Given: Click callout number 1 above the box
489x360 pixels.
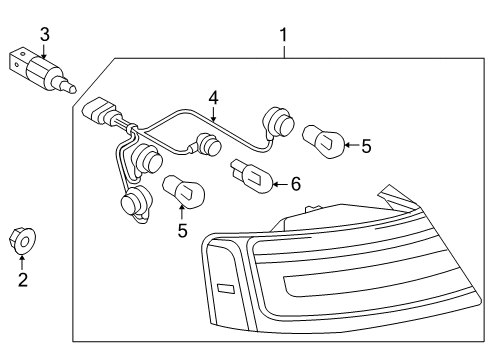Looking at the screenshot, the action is coord(283,35).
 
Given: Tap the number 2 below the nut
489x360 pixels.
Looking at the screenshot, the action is coord(23,280).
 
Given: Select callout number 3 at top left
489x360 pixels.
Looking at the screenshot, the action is coord(45,35).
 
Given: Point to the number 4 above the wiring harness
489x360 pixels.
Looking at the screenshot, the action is coord(213,98).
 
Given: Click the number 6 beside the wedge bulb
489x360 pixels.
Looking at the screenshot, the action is coord(296,184).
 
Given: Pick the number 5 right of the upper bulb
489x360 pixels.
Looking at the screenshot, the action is coord(366,146).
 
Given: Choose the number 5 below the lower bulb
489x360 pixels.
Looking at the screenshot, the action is coord(182,231).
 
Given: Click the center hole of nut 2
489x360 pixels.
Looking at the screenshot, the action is coord(25,242).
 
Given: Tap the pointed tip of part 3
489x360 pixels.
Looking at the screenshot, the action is coord(74,89).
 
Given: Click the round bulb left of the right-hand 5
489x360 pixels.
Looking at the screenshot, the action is coord(323,141).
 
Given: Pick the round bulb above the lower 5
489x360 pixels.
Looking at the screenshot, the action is coord(184,191).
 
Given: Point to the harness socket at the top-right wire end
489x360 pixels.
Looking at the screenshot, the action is coord(279,122).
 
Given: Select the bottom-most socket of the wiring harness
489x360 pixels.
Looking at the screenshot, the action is coord(136,201).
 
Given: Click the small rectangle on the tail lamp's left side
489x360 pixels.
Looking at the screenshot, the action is coord(226,289).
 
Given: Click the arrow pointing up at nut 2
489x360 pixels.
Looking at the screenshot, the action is coord(22,262).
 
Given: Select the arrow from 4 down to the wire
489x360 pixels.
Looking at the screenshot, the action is coord(213,113).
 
